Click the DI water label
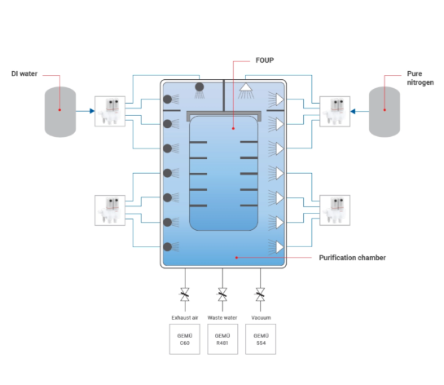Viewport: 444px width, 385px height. [x=24, y=73]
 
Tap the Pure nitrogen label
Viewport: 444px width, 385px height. [x=420, y=78]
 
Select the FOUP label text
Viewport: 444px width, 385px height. [x=265, y=60]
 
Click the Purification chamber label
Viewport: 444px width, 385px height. [x=352, y=258]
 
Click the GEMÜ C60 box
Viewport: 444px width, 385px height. [x=185, y=339]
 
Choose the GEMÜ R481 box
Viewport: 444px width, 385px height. [x=222, y=339]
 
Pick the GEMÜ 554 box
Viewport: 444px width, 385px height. [x=261, y=339]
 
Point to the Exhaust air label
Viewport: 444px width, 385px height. [x=185, y=317]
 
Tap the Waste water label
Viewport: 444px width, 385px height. [x=222, y=317]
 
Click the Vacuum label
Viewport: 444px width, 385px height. [x=261, y=317]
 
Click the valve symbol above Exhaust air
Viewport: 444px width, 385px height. [x=185, y=294]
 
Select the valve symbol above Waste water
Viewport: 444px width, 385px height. [x=222, y=294]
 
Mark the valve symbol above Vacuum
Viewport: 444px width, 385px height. [x=260, y=294]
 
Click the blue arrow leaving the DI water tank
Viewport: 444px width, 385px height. [x=86, y=111]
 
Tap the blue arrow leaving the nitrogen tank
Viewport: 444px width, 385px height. [x=359, y=112]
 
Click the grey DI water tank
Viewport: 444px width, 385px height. [x=60, y=112]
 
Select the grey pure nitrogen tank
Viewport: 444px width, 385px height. [x=385, y=112]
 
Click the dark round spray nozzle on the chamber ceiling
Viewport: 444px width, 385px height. [x=200, y=87]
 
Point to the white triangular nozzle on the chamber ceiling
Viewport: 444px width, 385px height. [x=246, y=87]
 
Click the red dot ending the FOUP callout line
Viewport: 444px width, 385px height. [x=233, y=128]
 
